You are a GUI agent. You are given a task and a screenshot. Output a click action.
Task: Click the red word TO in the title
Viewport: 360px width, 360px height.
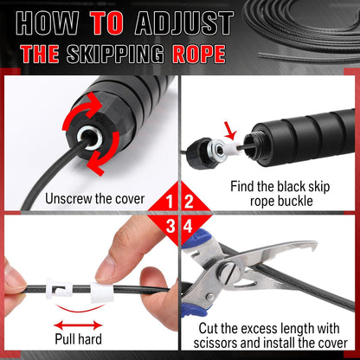[x=106, y=23]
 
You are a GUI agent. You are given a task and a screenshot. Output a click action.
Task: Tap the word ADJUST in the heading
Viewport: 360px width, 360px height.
[x=184, y=23]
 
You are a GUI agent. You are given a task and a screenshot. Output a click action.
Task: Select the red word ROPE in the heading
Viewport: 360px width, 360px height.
[x=199, y=54]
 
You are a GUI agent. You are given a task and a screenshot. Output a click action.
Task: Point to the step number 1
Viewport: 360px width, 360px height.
[x=170, y=201]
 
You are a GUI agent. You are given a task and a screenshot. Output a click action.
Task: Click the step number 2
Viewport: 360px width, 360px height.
[x=189, y=201]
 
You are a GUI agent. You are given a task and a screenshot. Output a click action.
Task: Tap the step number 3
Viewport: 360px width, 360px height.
[x=170, y=226]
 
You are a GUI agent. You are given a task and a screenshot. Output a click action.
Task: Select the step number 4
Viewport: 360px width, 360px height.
[x=188, y=226]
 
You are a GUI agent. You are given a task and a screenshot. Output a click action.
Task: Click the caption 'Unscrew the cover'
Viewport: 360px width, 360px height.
[x=94, y=199]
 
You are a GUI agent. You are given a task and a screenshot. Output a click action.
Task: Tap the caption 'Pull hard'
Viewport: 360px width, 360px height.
[x=79, y=339]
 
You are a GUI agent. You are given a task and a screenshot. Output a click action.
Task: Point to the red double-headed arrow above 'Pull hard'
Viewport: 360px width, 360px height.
[x=78, y=325]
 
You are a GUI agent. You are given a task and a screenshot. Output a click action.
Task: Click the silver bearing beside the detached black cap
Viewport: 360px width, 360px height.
[x=217, y=149]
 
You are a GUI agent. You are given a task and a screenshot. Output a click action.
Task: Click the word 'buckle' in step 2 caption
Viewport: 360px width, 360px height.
[x=295, y=201]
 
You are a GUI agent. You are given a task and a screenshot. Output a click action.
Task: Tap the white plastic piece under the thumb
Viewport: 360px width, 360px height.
[x=102, y=292]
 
